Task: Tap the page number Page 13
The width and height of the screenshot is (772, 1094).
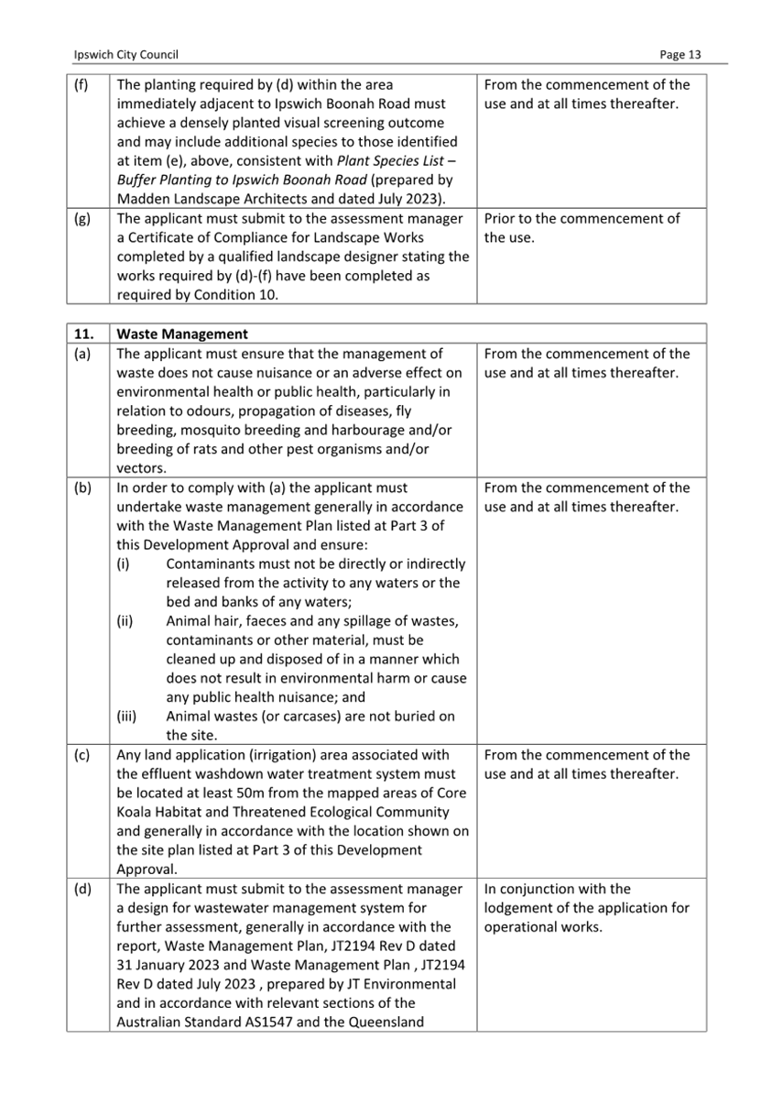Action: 680,55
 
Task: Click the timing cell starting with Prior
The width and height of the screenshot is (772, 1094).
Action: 582,228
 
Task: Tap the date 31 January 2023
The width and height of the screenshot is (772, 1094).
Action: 176,965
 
